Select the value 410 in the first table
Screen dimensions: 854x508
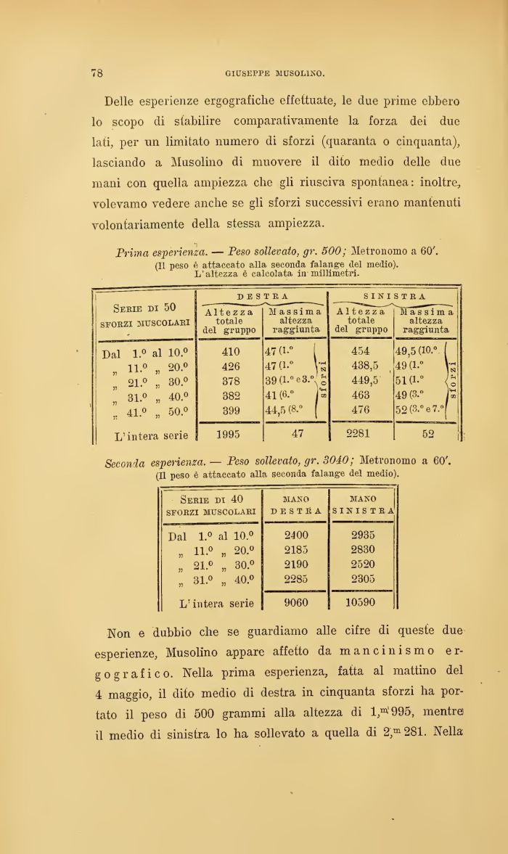230,351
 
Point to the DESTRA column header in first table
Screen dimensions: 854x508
263,297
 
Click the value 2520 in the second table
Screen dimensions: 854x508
362,564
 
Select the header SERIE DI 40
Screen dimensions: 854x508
211,499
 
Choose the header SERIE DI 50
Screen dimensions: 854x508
145,308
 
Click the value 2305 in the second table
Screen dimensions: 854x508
362,578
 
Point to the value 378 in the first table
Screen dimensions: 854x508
230,381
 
